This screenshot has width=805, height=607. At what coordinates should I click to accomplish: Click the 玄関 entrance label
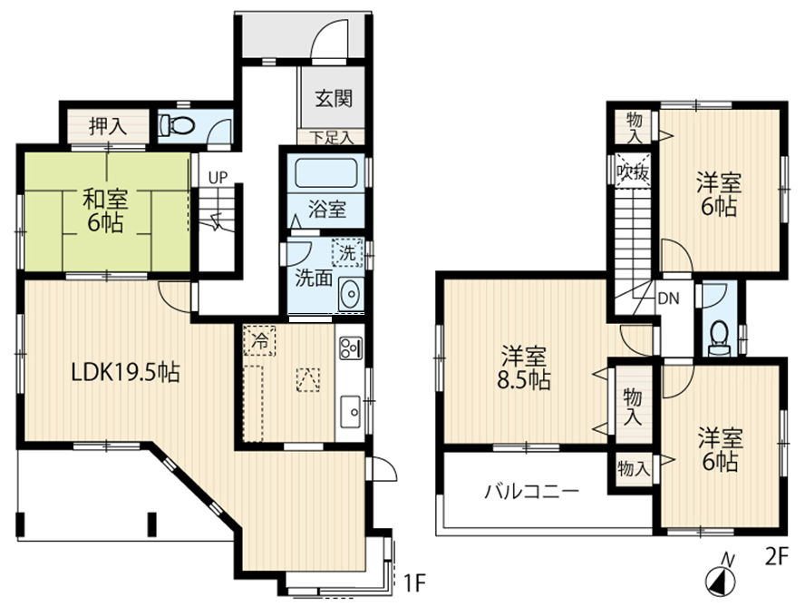coord(334,98)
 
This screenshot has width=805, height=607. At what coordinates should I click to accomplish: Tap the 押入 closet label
coord(108,126)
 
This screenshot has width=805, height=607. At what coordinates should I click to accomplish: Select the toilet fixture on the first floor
coord(177,125)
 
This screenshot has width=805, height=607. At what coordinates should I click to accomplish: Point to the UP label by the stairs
coord(218,178)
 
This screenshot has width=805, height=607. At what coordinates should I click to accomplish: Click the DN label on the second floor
coord(668,299)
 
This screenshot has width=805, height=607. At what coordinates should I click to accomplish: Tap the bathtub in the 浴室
coord(326,172)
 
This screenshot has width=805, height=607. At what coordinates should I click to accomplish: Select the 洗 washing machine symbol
coord(347,252)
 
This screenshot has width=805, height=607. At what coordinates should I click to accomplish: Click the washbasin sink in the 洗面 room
coord(351,293)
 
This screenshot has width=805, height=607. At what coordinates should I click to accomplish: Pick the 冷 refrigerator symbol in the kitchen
coord(260,340)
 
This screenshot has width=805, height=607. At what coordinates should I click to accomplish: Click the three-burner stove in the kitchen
coord(351,348)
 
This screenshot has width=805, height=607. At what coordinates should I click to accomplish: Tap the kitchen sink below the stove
coord(351,411)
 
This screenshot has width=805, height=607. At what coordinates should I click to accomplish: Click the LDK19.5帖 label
coord(125,373)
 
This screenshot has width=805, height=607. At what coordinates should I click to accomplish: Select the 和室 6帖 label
coord(105,210)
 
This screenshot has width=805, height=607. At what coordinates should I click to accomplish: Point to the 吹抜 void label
coord(634,171)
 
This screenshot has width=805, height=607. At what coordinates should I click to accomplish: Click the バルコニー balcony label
coord(532,492)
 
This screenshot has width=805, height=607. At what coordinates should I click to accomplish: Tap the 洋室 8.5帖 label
coord(524,368)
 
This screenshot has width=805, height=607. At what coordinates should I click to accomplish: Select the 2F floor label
coord(776,557)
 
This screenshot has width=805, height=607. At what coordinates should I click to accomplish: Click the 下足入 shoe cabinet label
coord(332,138)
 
